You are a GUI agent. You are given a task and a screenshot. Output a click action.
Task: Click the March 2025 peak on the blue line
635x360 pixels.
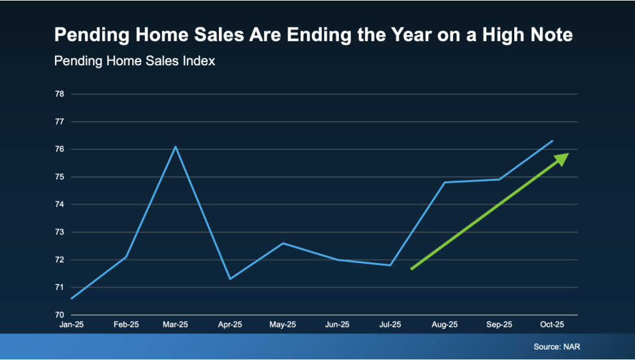(x=175, y=147)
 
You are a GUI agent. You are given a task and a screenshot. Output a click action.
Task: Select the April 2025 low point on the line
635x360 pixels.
(x=230, y=279)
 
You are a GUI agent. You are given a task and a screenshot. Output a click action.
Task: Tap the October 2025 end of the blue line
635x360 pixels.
(x=552, y=141)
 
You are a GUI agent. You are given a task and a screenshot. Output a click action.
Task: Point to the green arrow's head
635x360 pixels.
(x=562, y=158)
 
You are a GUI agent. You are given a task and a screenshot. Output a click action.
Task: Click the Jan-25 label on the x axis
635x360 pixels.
(x=72, y=324)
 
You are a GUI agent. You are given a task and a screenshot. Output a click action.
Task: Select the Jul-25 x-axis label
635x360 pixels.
(x=390, y=324)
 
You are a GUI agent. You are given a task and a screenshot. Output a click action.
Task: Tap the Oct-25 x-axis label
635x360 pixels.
(x=552, y=324)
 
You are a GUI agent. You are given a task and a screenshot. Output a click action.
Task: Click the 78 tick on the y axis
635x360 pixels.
(x=60, y=94)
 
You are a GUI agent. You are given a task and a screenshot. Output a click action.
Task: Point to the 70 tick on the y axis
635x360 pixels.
(x=60, y=315)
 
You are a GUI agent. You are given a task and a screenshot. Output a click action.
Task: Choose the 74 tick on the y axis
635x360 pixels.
(x=60, y=205)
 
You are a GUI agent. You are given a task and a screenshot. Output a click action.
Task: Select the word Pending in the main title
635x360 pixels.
(x=91, y=35)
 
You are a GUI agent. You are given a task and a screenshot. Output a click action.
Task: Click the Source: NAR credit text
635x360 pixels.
(x=557, y=347)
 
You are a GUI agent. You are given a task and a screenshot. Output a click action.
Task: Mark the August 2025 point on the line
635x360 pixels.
(x=445, y=182)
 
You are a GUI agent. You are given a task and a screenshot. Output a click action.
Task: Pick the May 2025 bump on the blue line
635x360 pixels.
(x=283, y=243)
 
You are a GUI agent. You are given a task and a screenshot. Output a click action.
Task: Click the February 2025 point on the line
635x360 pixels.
(x=126, y=257)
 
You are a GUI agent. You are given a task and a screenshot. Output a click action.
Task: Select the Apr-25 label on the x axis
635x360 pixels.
(x=230, y=324)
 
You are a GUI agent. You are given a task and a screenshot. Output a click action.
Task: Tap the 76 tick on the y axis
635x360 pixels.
(x=60, y=150)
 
